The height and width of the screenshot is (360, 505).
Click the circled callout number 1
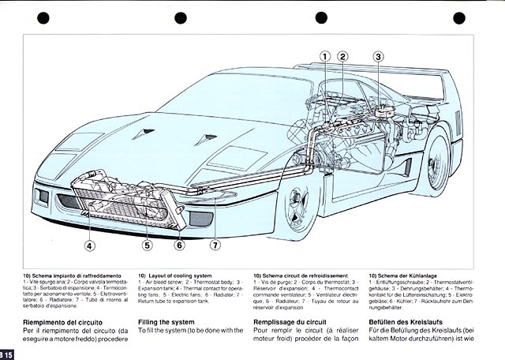click(325, 56)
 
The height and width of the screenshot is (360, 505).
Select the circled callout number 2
click(342, 56)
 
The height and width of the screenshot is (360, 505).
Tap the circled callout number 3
click(378, 56)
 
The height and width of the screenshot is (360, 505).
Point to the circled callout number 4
click(89, 246)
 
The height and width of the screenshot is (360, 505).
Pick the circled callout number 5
click(147, 246)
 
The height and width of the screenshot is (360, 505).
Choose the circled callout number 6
click(179, 246)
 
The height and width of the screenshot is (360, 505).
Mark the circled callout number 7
click(215, 246)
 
